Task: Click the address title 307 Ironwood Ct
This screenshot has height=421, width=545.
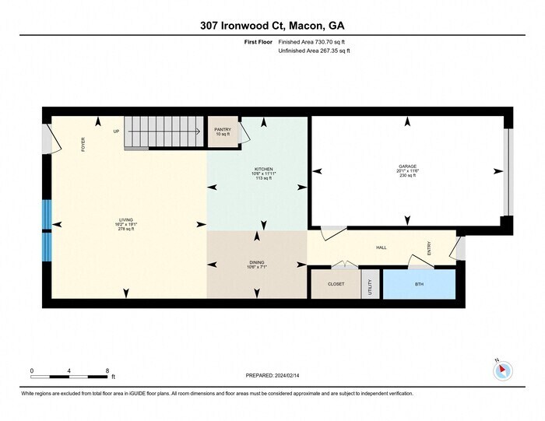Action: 272,26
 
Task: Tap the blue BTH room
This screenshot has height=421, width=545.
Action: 419,285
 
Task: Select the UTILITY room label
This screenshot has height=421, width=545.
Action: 370,286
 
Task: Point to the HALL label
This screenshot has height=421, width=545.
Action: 381,247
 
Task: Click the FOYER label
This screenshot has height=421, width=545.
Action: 83,144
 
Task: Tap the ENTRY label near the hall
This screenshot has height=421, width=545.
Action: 429,247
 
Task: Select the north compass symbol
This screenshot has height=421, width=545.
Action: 502,370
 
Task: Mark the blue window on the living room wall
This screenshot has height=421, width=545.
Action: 47,230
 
